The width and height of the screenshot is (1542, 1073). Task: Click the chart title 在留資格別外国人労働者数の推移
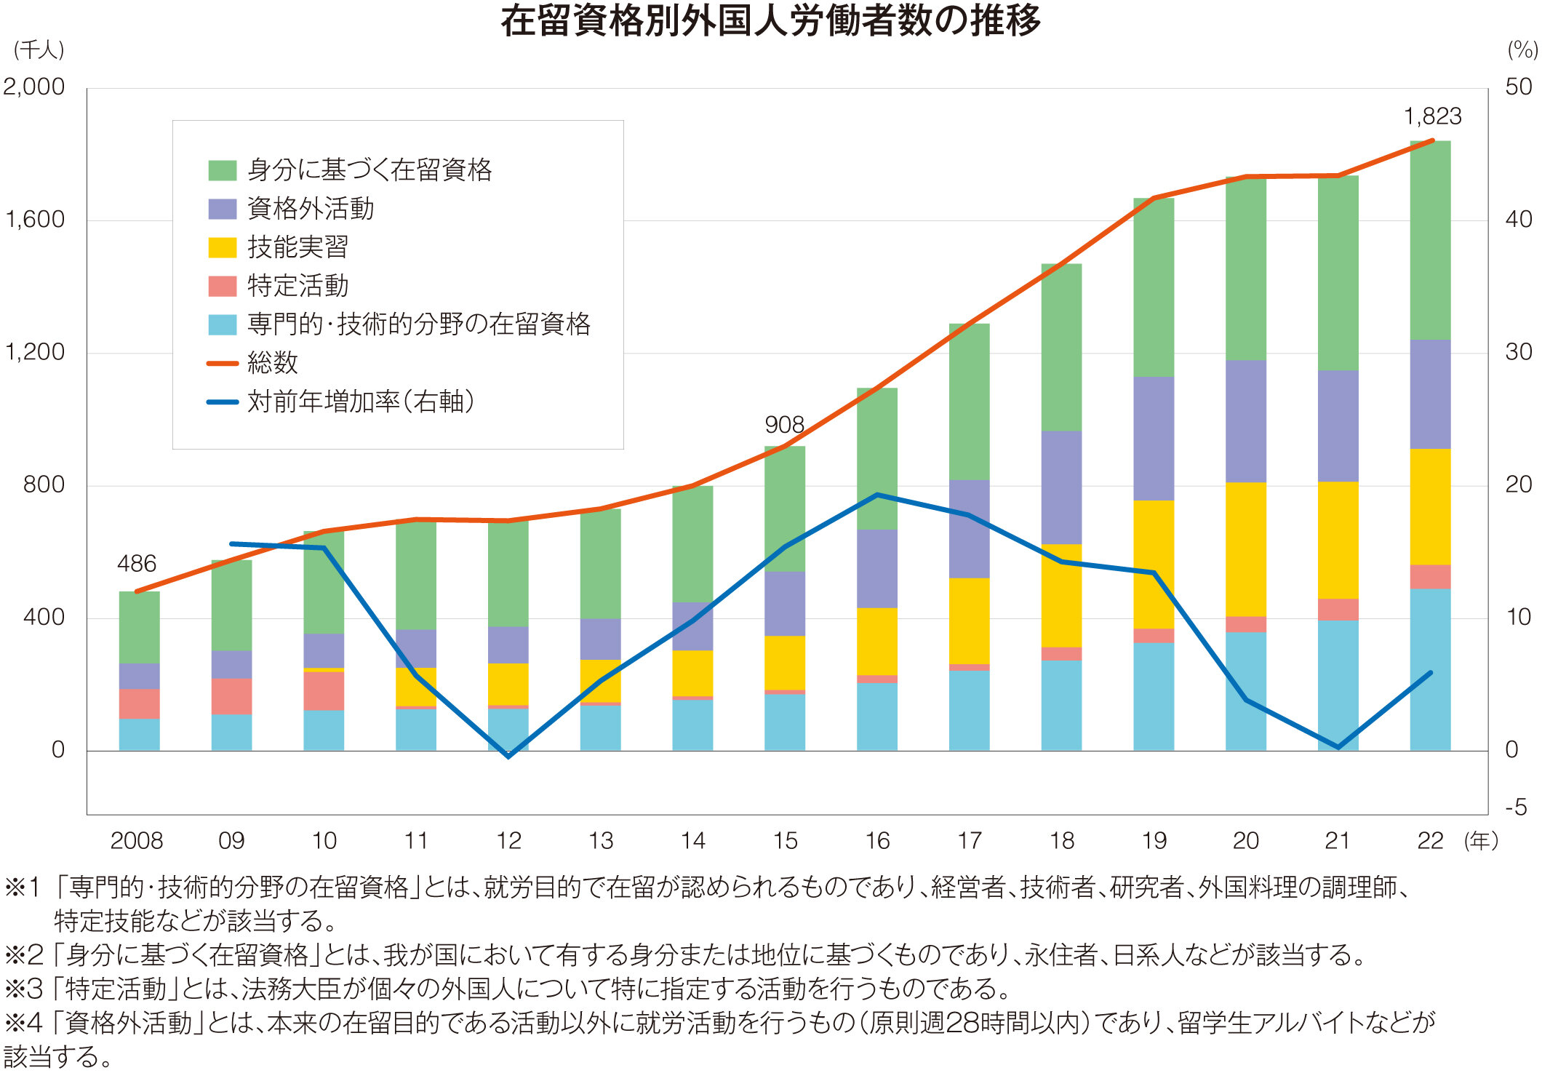pos(770,20)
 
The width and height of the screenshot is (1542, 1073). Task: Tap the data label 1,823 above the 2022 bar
pos(1431,116)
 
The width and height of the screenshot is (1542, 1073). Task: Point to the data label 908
pos(784,424)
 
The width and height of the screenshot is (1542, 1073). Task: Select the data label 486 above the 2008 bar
pos(137,563)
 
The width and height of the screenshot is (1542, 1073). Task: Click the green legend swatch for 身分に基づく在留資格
pos(223,170)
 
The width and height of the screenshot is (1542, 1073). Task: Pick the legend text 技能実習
pos(297,247)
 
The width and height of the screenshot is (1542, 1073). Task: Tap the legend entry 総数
pos(273,362)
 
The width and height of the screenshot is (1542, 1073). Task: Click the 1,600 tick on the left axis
pos(35,219)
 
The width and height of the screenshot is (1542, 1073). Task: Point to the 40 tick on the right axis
pos(1519,219)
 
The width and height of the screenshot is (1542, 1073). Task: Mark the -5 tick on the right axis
pos(1516,807)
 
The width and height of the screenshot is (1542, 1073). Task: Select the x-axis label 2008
pos(137,840)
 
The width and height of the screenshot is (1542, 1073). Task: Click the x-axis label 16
pos(877,840)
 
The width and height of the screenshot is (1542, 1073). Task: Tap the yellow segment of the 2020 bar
pos(1245,549)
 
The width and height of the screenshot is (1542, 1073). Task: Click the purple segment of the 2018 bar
pos(1061,487)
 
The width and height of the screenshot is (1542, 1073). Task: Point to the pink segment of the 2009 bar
pos(231,696)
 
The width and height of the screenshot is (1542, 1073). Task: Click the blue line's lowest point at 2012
pos(508,756)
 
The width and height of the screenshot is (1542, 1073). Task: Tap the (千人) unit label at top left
pos(39,49)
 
